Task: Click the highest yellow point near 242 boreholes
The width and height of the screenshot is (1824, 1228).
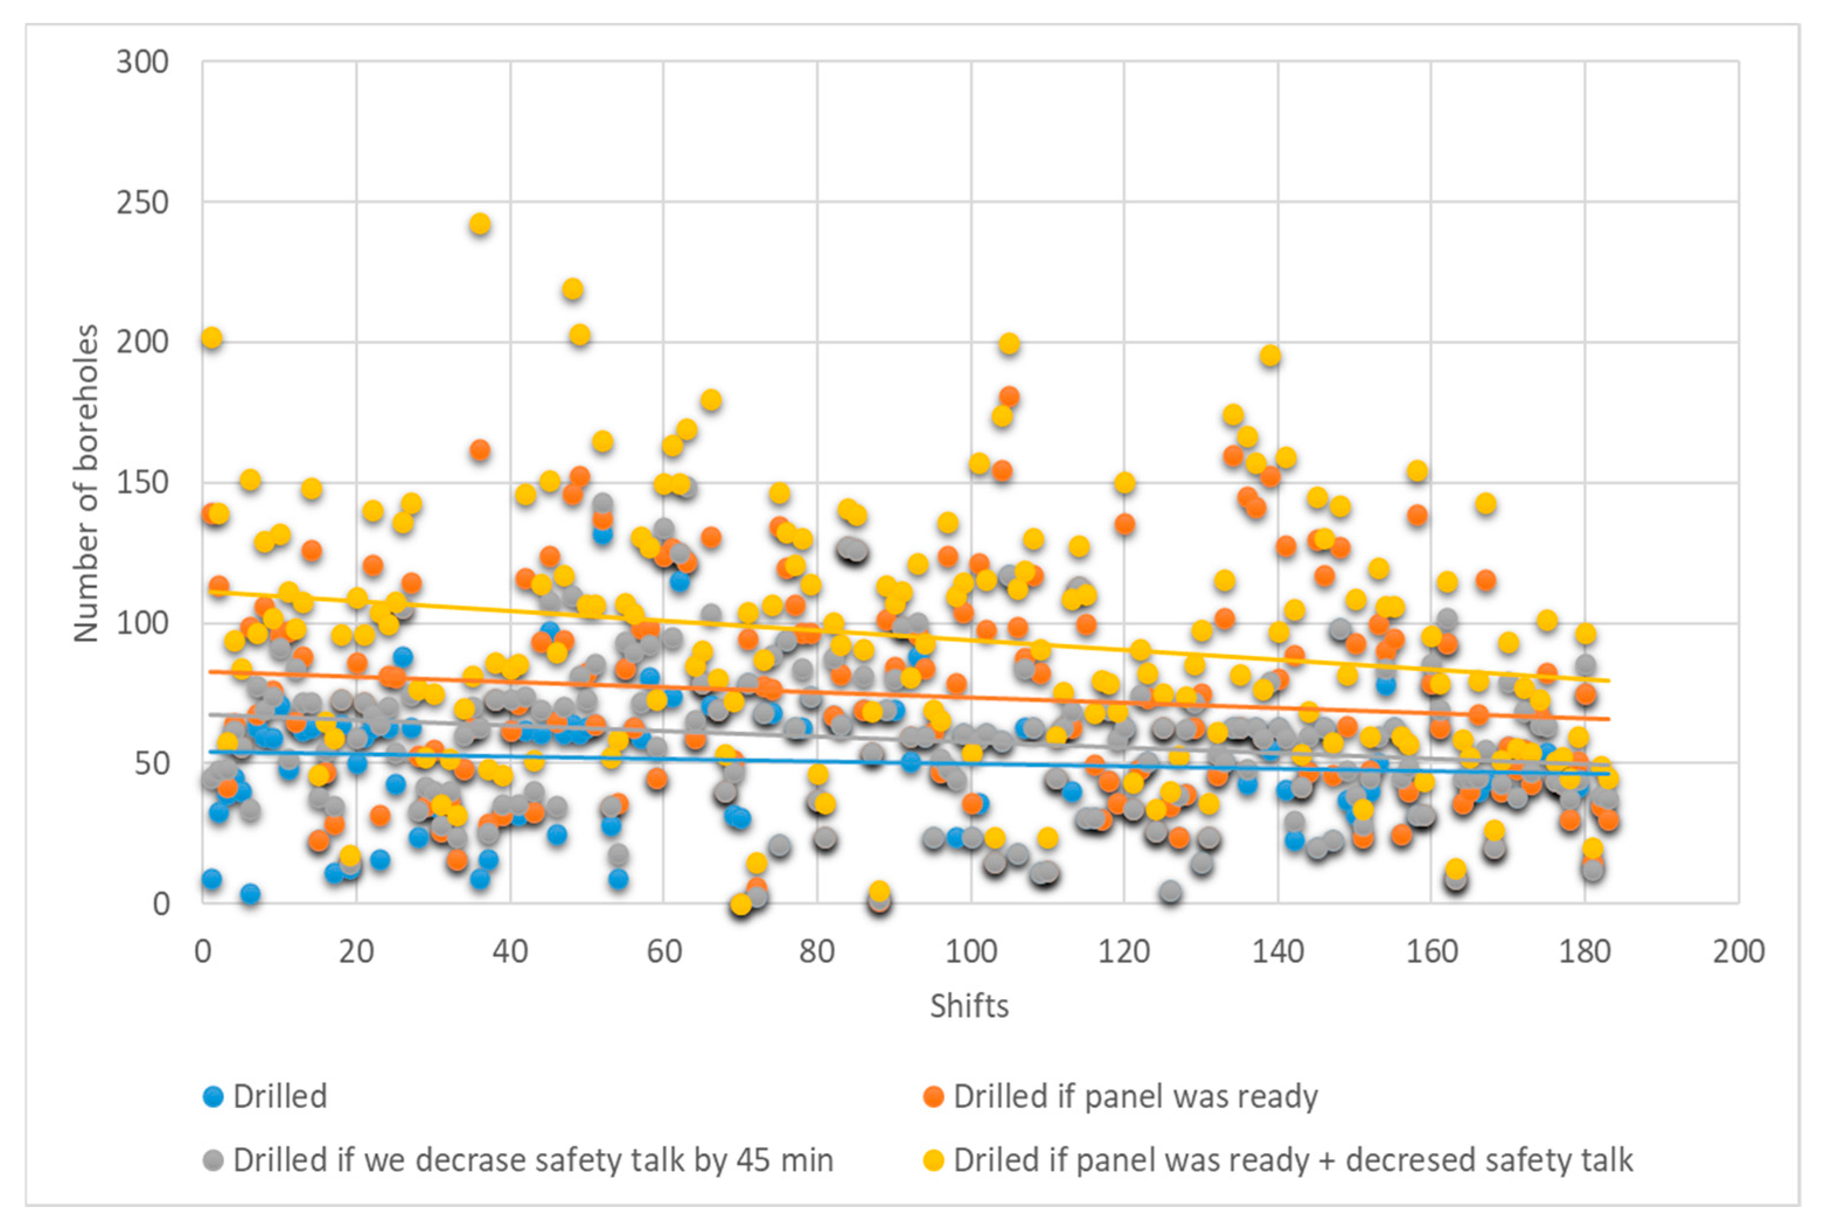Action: [x=479, y=225]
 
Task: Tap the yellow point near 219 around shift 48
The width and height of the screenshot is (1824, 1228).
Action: [x=573, y=289]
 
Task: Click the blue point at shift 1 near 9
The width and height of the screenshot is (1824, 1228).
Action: [x=211, y=879]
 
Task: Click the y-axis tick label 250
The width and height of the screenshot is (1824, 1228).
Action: [x=142, y=203]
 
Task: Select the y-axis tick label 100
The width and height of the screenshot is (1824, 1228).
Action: [x=142, y=623]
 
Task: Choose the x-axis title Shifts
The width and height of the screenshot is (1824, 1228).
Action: [x=969, y=1006]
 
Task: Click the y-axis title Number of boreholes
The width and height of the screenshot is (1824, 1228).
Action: [x=87, y=483]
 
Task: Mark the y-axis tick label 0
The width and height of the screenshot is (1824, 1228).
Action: [x=161, y=903]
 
